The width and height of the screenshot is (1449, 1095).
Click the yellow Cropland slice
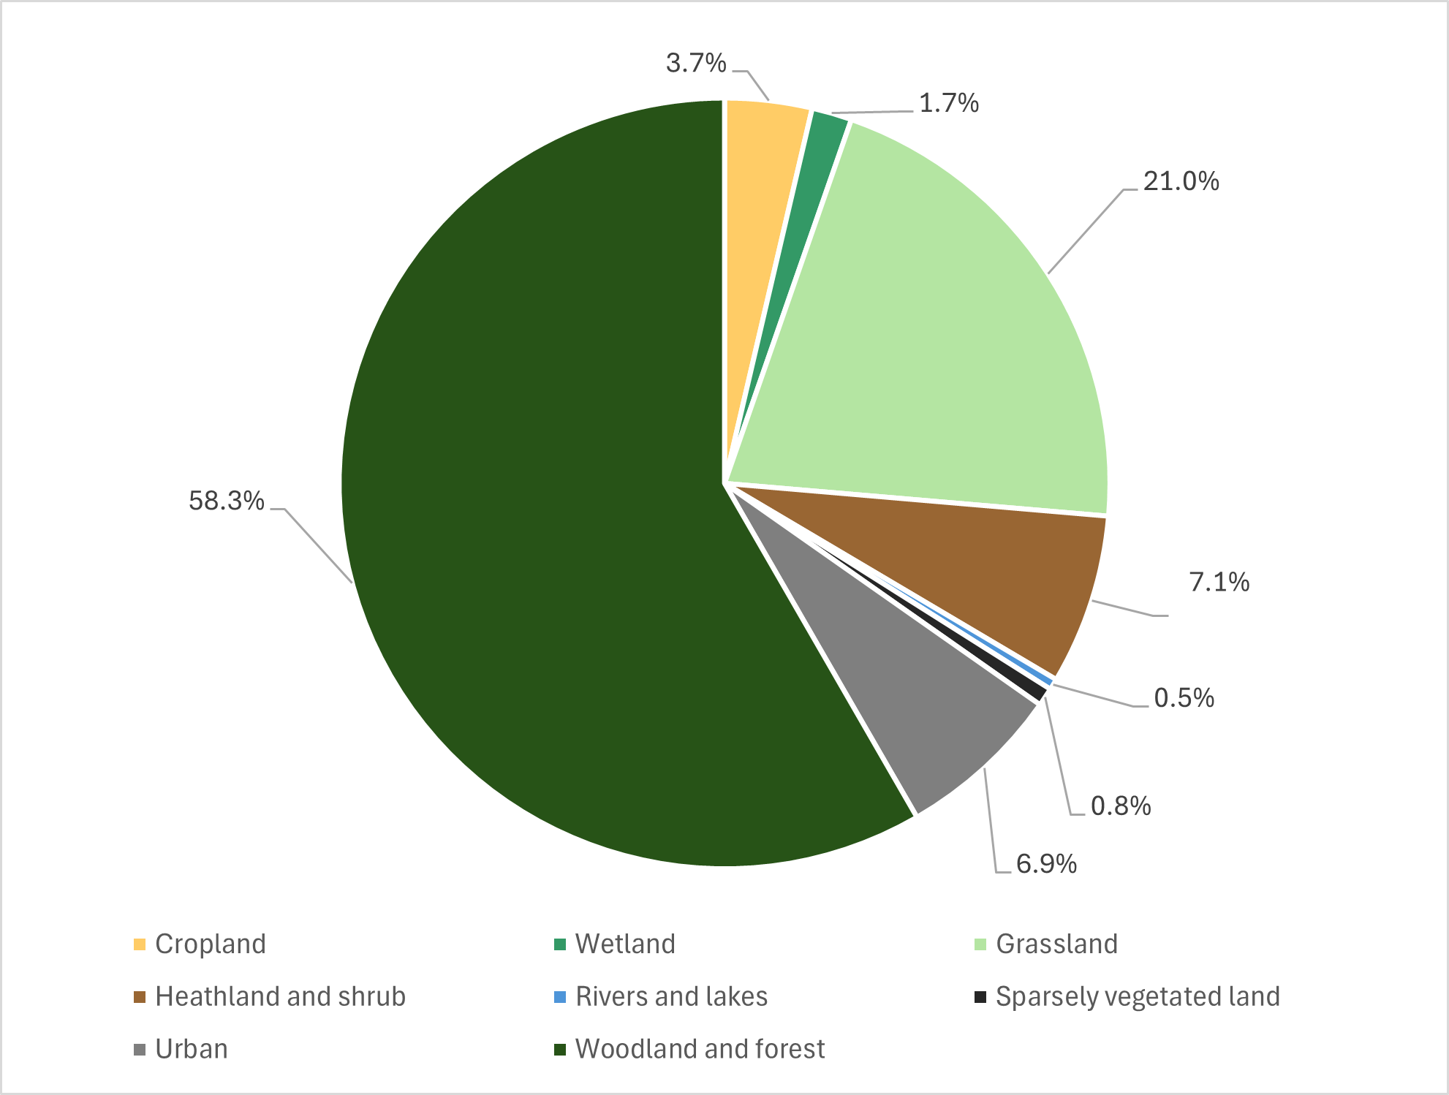click(x=760, y=146)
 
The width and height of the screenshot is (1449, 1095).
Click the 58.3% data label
click(x=226, y=501)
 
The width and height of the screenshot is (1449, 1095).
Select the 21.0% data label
click(x=1181, y=181)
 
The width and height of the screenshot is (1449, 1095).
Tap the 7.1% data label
click(x=1219, y=582)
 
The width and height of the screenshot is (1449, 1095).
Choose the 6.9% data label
click(x=1046, y=864)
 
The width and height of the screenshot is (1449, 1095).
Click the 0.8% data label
click(x=1121, y=806)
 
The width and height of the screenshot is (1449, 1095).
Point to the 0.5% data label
click(x=1184, y=698)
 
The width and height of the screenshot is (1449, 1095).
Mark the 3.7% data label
click(x=696, y=64)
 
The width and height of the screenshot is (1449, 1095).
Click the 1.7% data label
click(x=948, y=104)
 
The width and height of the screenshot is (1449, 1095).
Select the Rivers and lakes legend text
click(x=671, y=997)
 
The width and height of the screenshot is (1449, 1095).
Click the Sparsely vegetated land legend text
click(x=1138, y=997)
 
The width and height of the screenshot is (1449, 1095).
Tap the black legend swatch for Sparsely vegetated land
click(x=980, y=997)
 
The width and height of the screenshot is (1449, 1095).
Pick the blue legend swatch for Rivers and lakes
click(x=560, y=997)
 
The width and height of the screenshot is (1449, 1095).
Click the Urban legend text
click(x=192, y=1050)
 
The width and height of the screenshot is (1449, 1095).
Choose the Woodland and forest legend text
click(x=700, y=1050)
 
